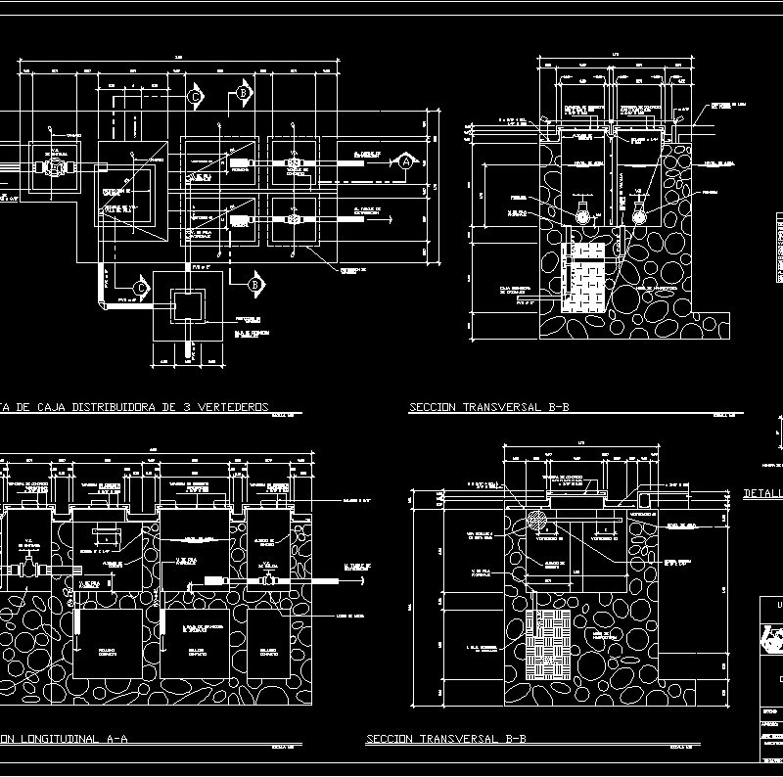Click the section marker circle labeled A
tap(405, 163)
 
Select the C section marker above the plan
tap(195, 97)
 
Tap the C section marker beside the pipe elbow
tap(140, 288)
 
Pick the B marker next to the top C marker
tap(243, 93)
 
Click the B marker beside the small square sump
tap(254, 284)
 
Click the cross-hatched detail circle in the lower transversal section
tap(537, 520)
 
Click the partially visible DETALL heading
tap(763, 494)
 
